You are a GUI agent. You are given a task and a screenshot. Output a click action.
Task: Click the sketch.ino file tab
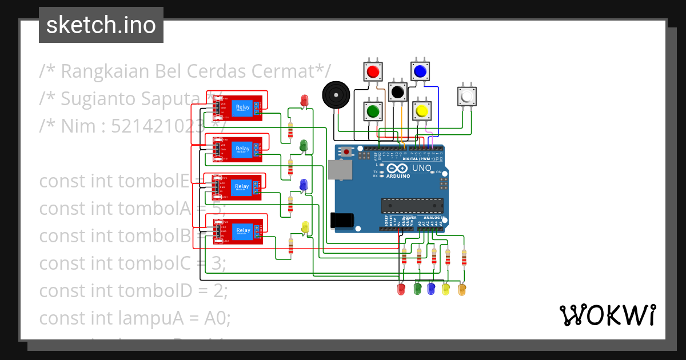[x=101, y=25]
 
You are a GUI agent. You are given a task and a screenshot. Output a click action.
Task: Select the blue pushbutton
[x=420, y=71]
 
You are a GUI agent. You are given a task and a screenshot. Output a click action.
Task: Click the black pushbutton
[x=397, y=92]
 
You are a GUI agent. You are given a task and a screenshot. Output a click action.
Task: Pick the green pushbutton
[x=373, y=110]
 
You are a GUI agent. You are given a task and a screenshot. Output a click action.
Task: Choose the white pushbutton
[x=467, y=95]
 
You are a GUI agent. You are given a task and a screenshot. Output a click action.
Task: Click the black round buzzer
[x=336, y=94]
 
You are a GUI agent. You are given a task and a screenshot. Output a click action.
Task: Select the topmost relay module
[x=238, y=107]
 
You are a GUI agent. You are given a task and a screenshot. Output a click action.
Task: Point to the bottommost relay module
[x=238, y=231]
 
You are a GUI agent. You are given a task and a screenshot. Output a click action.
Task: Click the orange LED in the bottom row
[x=462, y=290]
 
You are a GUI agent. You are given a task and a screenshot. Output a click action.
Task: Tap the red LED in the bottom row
[x=401, y=289]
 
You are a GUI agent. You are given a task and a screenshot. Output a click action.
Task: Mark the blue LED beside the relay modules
[x=304, y=185]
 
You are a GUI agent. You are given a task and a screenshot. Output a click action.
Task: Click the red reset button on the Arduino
[x=346, y=152]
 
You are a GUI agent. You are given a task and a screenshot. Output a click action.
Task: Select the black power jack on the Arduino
[x=341, y=221]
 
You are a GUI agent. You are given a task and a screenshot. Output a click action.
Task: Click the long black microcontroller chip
[x=412, y=206]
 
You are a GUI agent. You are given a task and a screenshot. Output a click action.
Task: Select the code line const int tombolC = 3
[x=133, y=263]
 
